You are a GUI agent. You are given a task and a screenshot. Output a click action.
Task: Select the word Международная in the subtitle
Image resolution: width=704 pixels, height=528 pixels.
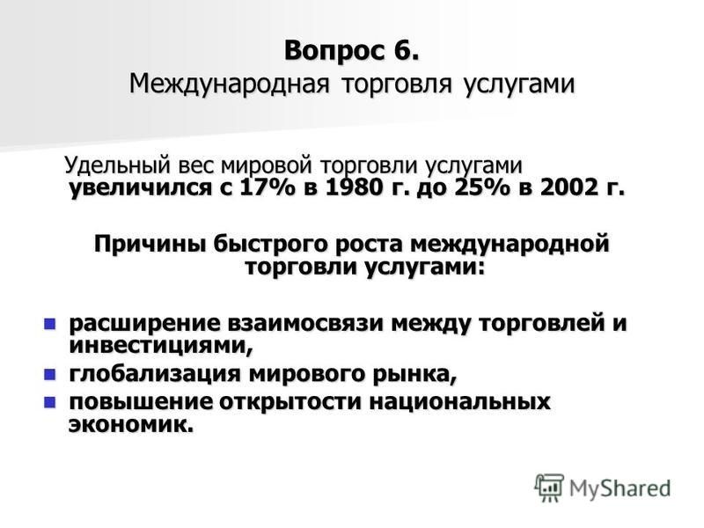coord(230,84)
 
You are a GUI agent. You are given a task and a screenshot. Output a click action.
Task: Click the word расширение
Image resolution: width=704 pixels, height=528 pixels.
coord(144,324)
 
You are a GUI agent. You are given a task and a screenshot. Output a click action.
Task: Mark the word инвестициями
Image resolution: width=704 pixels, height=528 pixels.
coord(160,346)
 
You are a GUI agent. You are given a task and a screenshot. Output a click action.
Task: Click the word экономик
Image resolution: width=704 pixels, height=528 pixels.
coord(130,424)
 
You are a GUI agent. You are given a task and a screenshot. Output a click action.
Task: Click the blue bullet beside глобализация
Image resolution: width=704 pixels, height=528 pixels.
coord(49,375)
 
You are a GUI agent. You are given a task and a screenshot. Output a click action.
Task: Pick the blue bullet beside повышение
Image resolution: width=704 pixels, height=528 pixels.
coord(49,402)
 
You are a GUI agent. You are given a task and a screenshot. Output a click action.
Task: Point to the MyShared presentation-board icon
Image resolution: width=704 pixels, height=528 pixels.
coord(548,488)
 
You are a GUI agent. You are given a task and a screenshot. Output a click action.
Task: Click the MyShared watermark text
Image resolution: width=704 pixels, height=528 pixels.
coord(620,488)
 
